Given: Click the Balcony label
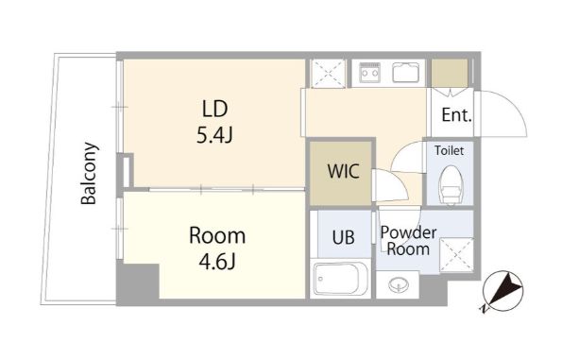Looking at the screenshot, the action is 90,173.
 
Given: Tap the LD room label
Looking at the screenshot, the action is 215,109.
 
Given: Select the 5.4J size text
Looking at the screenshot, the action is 214,135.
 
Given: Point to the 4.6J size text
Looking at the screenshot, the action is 217,262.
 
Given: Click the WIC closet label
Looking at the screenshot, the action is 344,171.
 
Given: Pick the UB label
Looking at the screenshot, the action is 344,237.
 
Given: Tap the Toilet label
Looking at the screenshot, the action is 449,150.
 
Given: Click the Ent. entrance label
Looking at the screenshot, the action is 457,115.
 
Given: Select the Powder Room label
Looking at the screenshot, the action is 408,241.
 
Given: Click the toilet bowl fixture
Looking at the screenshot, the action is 451,184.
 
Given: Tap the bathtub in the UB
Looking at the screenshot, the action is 340,279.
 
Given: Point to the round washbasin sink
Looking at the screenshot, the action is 398,284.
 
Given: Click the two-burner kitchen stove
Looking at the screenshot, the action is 370,73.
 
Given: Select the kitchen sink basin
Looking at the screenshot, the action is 406,73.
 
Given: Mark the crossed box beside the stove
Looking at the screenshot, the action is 329,74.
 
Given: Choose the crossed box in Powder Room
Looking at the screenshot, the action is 456,255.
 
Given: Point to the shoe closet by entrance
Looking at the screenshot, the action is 450,73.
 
